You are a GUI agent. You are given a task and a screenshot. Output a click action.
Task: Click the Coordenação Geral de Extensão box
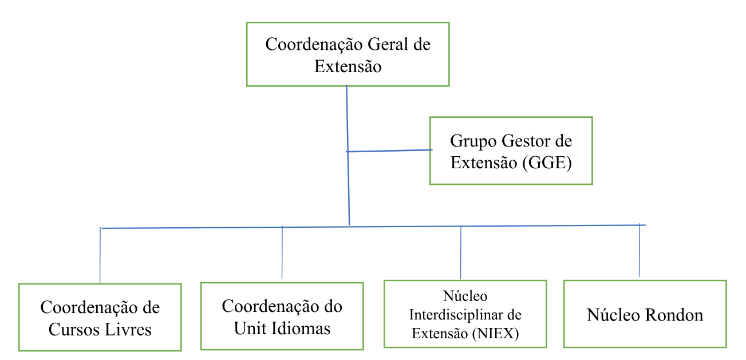click(348, 54)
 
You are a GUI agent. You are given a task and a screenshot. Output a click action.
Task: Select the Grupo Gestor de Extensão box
click(511, 151)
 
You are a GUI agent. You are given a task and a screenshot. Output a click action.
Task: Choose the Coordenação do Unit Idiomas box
click(282, 316)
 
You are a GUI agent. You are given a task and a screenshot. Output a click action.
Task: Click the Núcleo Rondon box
click(645, 314)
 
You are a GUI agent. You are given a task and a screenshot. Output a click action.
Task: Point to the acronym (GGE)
click(547, 163)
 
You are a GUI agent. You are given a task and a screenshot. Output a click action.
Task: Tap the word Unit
click(247, 329)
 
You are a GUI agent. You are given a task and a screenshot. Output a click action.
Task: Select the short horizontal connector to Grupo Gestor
click(389, 151)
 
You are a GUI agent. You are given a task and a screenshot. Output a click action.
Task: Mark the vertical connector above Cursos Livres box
click(100, 255)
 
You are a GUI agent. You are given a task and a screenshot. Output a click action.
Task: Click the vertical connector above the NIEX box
click(461, 252)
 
